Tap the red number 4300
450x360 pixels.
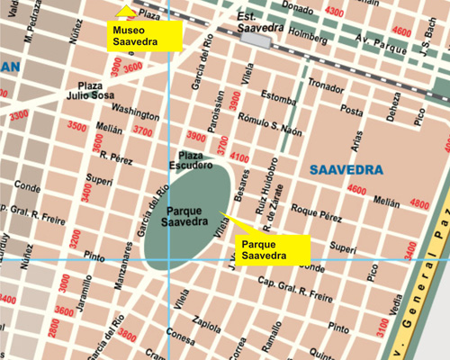pos(334,11)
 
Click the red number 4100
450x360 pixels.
pos(239,157)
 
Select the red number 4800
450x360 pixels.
pos(419,204)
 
